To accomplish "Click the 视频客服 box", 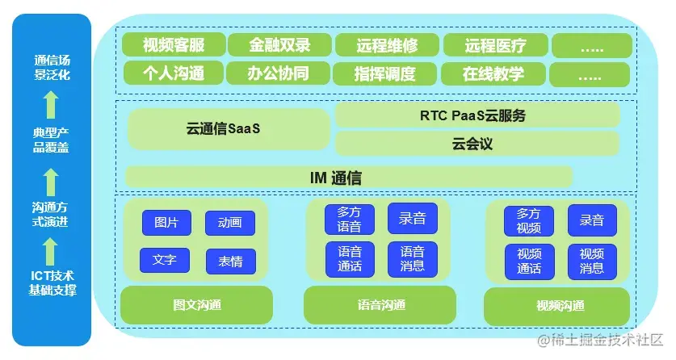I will [x=173, y=45].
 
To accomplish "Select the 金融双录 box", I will [x=279, y=45].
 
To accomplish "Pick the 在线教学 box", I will [x=493, y=74].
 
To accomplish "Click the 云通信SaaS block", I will [x=229, y=128].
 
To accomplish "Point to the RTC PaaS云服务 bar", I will [x=477, y=115].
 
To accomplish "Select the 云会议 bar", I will [x=477, y=144].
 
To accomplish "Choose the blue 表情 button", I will [x=230, y=261].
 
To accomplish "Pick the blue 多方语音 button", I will [x=349, y=220].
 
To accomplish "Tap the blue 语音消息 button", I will [x=412, y=258].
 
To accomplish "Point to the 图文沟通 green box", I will [x=196, y=305].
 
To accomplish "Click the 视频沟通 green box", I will [x=557, y=307].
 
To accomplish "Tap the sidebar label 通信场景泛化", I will [x=52, y=67].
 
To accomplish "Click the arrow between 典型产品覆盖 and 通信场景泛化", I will [x=52, y=105].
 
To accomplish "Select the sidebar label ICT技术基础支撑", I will [x=52, y=283].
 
